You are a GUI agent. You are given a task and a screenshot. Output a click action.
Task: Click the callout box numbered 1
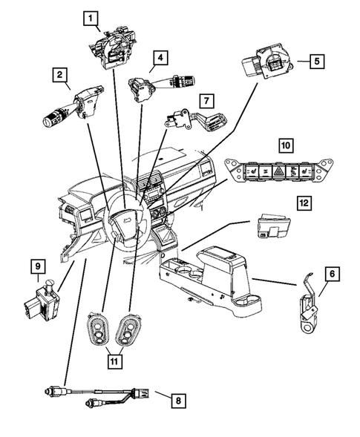click(90, 17)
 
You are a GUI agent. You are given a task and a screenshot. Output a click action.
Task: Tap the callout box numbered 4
click(160, 56)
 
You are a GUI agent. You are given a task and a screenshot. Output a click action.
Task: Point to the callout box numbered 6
click(332, 275)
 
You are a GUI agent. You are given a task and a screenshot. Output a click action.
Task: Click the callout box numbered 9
click(36, 264)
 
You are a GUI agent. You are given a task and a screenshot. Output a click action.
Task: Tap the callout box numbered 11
click(114, 361)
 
